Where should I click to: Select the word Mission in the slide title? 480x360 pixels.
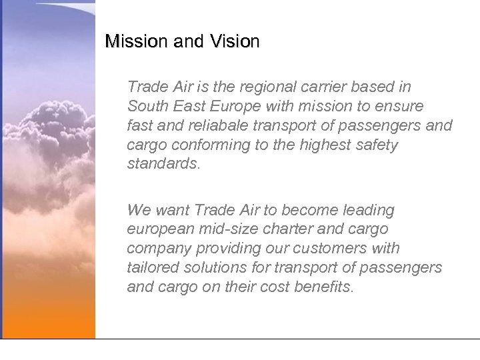click(137, 42)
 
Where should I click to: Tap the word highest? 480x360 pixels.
click(311, 145)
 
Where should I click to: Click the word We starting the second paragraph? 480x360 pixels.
click(139, 211)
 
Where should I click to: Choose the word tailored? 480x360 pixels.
click(151, 268)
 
